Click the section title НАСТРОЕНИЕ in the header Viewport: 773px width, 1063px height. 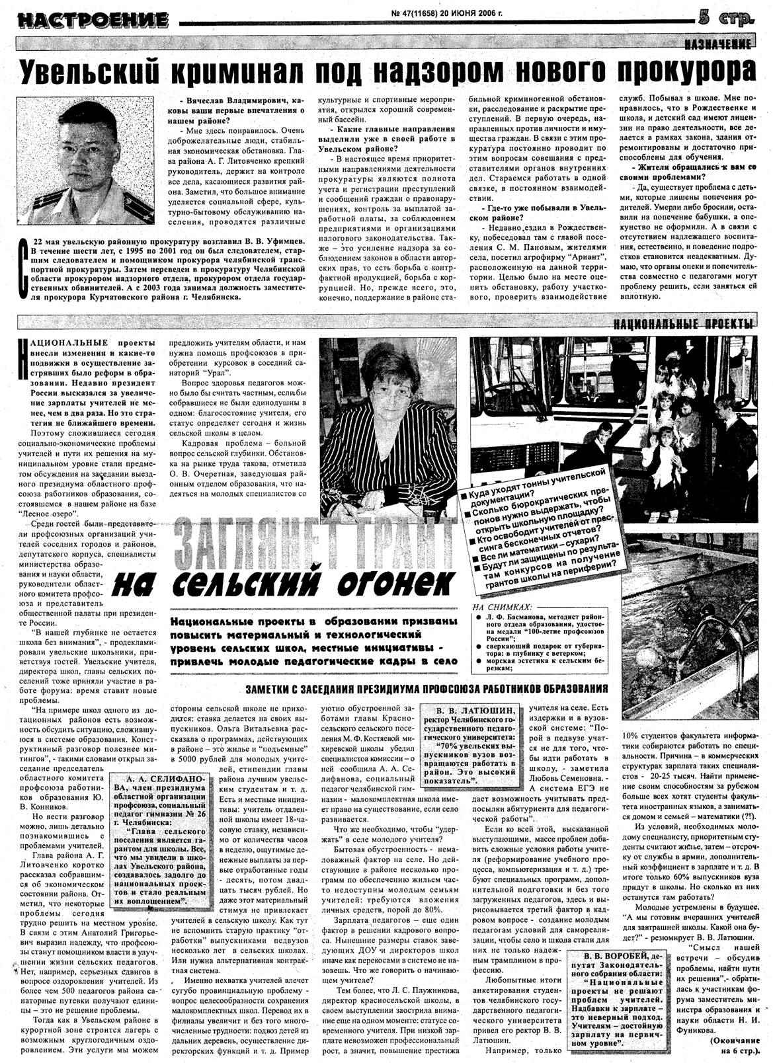[93, 20]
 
